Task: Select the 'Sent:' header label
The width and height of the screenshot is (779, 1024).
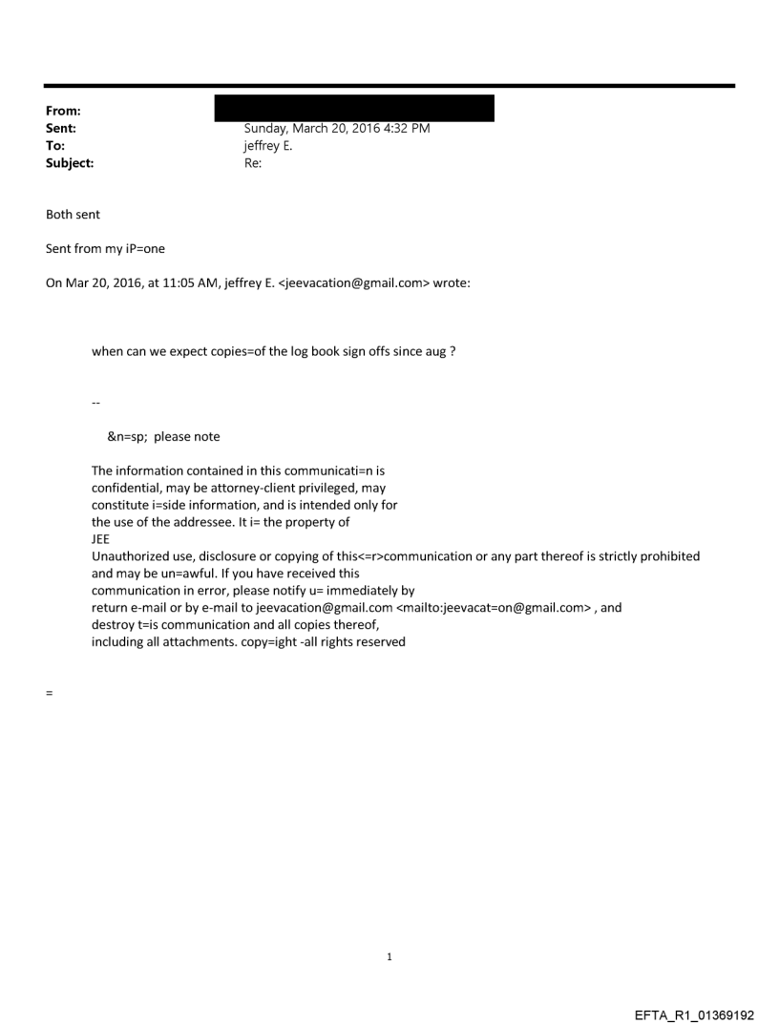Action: [x=60, y=128]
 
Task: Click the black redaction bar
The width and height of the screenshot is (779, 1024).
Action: [x=354, y=108]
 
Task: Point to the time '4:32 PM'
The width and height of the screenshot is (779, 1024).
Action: [x=405, y=129]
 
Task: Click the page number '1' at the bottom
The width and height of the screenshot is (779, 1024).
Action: [x=389, y=956]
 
